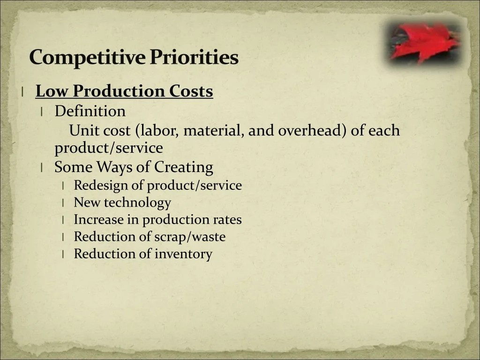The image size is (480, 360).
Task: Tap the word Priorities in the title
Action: [194, 57]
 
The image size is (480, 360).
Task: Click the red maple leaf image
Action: [424, 43]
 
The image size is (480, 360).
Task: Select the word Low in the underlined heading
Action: [52, 91]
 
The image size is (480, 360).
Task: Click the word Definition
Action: [90, 111]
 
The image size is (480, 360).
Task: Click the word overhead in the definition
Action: [310, 130]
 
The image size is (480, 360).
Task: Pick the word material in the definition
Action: [214, 130]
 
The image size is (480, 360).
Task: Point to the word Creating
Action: [183, 167]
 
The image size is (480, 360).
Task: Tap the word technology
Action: [137, 202]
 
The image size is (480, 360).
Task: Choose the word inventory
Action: [183, 254]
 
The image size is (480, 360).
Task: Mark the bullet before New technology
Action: [63, 202]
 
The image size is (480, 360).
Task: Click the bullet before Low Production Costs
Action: [22, 91]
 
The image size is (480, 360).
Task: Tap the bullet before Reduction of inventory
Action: [63, 254]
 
